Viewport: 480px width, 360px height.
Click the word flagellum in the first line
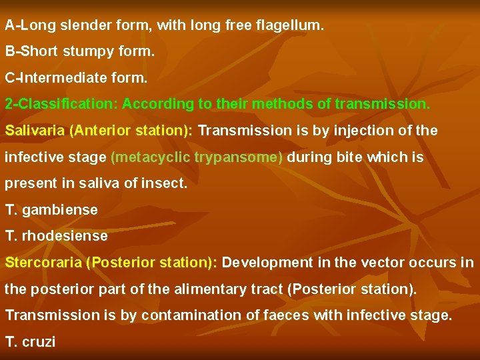point(290,26)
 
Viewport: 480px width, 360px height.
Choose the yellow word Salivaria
point(35,130)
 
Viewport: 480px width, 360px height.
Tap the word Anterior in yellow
point(97,130)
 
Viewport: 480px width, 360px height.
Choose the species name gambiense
point(60,209)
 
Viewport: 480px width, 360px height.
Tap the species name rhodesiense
point(65,235)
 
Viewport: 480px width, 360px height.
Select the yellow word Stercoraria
point(43,262)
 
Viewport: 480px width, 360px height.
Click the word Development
point(267,262)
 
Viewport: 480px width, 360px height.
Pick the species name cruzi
point(39,341)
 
